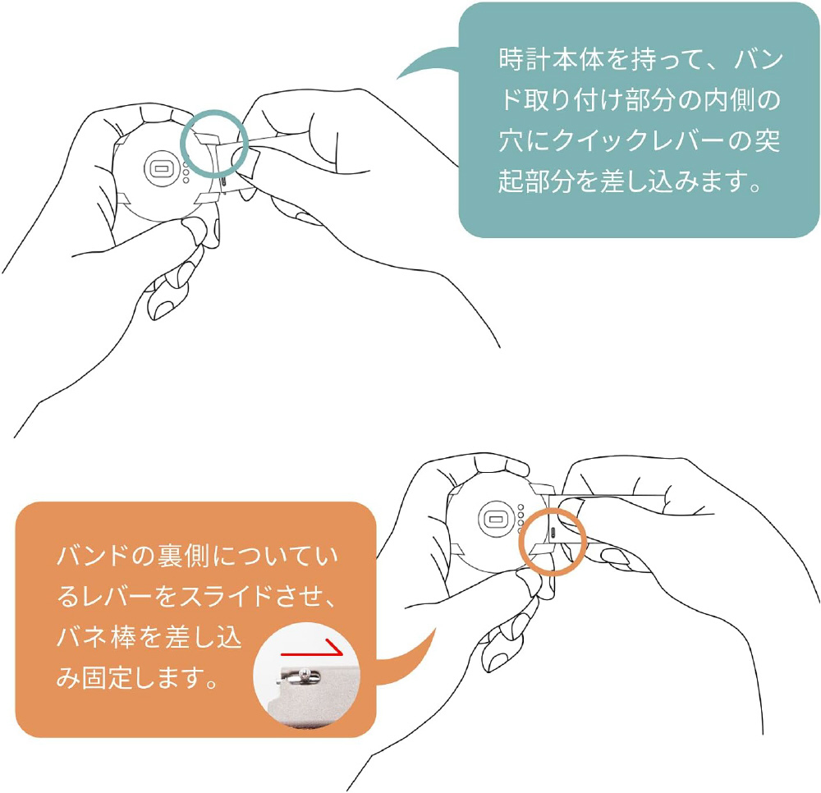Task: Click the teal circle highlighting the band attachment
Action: click(x=181, y=143)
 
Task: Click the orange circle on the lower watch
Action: click(x=520, y=542)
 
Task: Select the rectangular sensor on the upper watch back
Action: click(x=161, y=168)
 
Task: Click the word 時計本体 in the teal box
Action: click(x=551, y=59)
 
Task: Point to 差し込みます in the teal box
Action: click(x=673, y=181)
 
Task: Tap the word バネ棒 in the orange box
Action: click(x=96, y=637)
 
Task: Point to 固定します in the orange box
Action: click(x=149, y=678)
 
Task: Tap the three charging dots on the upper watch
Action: click(x=186, y=172)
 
